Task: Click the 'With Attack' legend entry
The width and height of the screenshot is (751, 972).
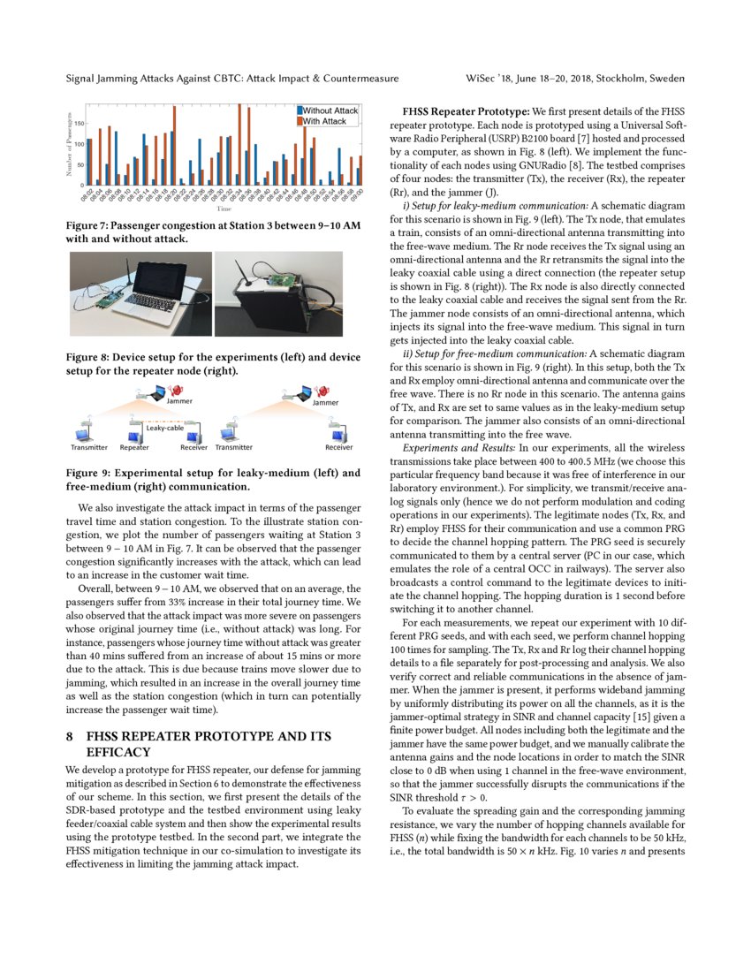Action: pos(325,121)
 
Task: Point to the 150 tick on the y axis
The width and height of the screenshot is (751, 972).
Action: pos(79,124)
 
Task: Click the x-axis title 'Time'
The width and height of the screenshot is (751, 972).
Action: pos(224,209)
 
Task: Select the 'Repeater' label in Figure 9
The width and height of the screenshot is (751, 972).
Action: pos(134,448)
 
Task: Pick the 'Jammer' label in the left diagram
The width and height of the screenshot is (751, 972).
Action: pos(179,402)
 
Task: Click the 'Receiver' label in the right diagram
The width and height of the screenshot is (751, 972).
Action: pos(338,448)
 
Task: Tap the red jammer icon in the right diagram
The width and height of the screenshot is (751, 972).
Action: pos(322,389)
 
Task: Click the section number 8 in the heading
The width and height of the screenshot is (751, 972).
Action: pos(70,736)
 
